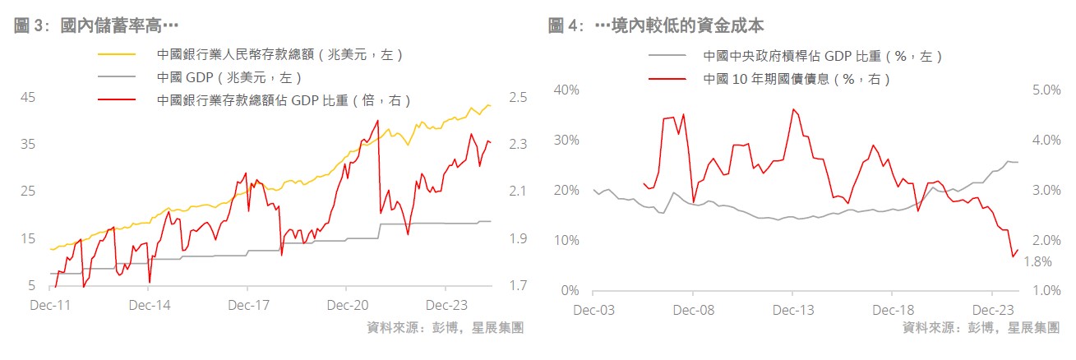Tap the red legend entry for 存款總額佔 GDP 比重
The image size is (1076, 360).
click(x=284, y=100)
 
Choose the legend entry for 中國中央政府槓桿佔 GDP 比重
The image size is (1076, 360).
click(x=822, y=56)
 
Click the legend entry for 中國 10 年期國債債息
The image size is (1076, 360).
click(x=797, y=79)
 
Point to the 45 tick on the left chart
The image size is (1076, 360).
click(x=27, y=97)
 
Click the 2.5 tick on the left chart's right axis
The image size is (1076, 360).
click(x=518, y=97)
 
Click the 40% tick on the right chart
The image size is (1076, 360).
click(x=567, y=90)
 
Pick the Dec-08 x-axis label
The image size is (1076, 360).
click(x=693, y=311)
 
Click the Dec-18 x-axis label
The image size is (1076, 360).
click(x=893, y=311)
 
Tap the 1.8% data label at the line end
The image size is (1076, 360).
click(x=1038, y=261)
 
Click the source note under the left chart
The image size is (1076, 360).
click(x=446, y=327)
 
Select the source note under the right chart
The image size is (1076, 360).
click(x=981, y=327)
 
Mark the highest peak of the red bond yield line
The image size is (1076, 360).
click(x=793, y=109)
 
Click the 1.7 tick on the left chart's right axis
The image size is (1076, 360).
click(x=518, y=286)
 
